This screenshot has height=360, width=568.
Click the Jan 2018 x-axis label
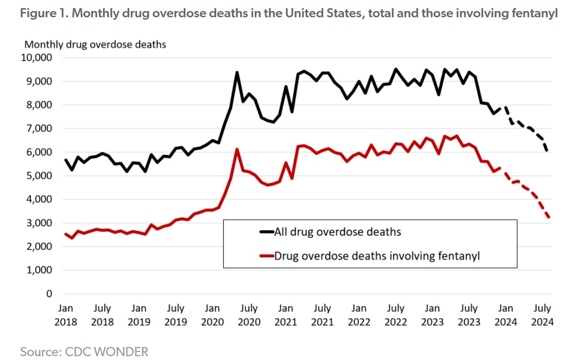pyautogui.click(x=66, y=314)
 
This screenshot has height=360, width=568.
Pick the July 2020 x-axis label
pyautogui.click(x=249, y=314)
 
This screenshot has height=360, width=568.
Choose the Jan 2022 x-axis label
pyautogui.click(x=359, y=314)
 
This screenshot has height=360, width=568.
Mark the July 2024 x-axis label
pyautogui.click(x=542, y=314)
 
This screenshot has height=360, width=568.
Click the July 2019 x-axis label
pyautogui.click(x=176, y=314)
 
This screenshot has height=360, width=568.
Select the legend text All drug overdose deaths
pyautogui.click(x=337, y=232)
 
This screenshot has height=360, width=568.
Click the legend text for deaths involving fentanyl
pyautogui.click(x=377, y=256)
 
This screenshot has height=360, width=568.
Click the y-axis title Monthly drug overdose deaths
pyautogui.click(x=95, y=45)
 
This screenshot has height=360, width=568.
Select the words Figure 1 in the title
pyautogui.click(x=41, y=14)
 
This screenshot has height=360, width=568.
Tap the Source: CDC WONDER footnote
pyautogui.click(x=84, y=351)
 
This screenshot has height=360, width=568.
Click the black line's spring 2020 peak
pyautogui.click(x=237, y=72)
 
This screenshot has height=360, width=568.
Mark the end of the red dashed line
pyautogui.click(x=548, y=217)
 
